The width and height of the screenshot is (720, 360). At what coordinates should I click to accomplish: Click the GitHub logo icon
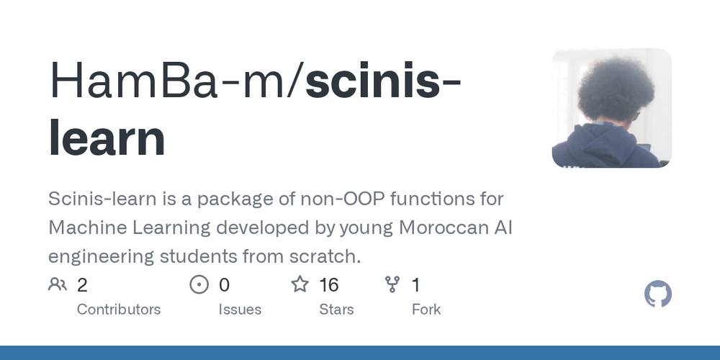click(657, 294)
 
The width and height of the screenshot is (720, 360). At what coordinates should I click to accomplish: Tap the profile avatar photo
click(612, 108)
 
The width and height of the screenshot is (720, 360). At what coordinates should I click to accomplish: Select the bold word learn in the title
click(107, 138)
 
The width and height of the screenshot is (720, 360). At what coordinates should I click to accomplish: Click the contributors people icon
click(58, 285)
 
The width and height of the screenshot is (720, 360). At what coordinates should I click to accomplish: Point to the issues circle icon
click(199, 285)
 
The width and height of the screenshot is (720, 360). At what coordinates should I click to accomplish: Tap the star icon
click(300, 285)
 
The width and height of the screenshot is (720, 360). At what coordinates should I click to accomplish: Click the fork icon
click(392, 285)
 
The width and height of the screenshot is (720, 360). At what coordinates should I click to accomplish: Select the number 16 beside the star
click(329, 285)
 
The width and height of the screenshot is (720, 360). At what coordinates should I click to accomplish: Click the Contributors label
click(119, 310)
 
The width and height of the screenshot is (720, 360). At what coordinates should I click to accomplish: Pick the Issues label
click(240, 310)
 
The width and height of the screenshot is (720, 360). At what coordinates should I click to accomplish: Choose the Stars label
click(337, 310)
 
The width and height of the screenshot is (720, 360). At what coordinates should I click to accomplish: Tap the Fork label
click(426, 310)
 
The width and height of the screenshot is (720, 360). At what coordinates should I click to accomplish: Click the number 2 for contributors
click(82, 285)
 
